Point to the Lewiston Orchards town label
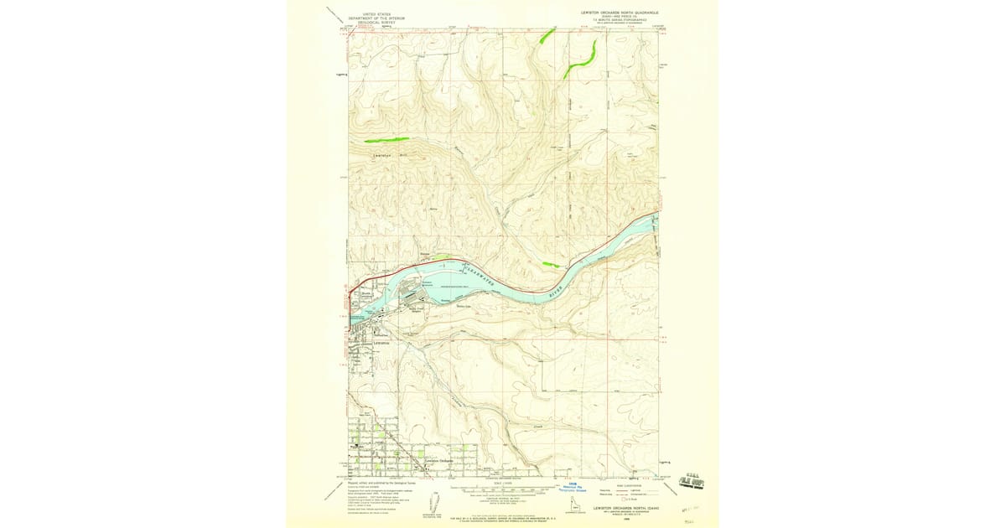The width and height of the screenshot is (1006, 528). [439, 461]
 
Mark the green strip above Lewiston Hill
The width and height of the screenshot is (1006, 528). [386, 140]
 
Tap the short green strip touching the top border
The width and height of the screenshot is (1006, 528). [547, 34]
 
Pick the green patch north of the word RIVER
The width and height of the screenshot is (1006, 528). [551, 265]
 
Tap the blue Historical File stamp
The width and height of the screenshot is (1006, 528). [574, 487]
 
